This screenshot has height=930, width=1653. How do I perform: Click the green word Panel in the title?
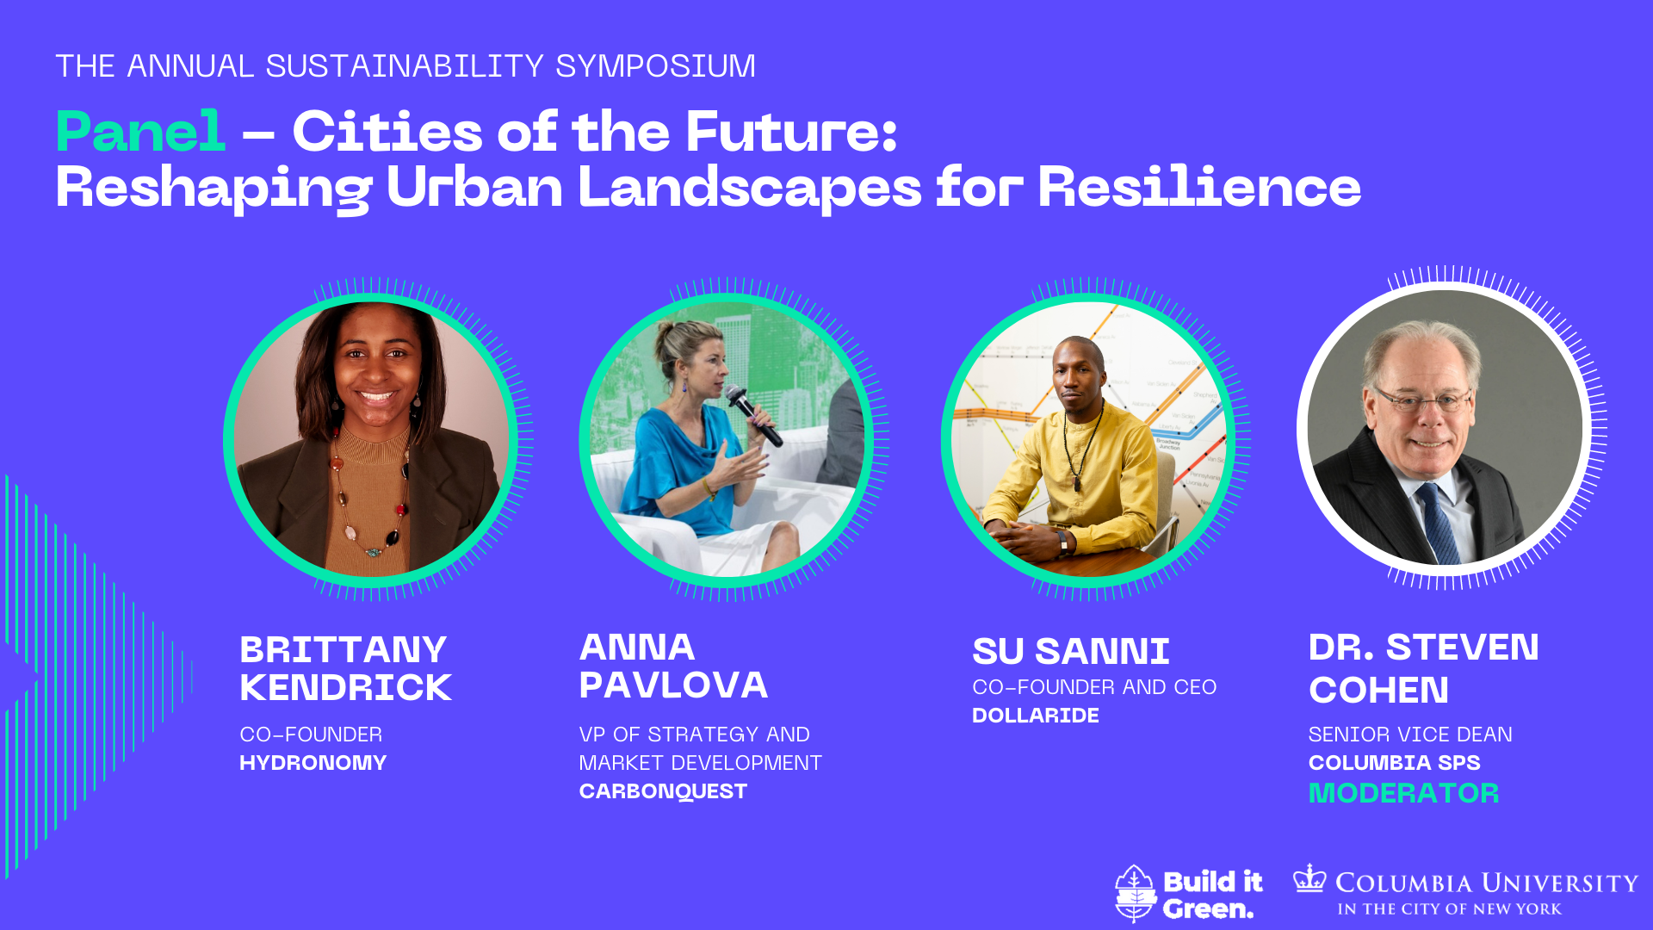point(141,132)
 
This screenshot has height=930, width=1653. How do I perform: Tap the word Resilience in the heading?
point(1199,187)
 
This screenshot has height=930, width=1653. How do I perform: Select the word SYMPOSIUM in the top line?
point(655,66)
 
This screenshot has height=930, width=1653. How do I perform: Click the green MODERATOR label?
point(1403,793)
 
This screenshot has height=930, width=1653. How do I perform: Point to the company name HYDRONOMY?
point(313,763)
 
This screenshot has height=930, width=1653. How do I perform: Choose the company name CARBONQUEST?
point(663,791)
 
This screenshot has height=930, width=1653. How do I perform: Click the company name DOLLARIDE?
point(1035,716)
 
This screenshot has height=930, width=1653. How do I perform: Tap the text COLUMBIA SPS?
point(1394,763)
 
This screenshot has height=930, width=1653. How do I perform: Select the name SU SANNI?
point(1070,652)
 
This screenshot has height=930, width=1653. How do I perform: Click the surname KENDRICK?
point(345,688)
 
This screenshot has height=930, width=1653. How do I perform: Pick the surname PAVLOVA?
point(673,685)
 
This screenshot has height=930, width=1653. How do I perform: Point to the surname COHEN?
point(1378,690)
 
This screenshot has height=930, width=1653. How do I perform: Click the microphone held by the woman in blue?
point(753,415)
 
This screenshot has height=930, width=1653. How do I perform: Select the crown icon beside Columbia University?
point(1309,877)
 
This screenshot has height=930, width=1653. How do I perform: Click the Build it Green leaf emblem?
point(1135,893)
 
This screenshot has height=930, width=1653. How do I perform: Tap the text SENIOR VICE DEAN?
point(1410,735)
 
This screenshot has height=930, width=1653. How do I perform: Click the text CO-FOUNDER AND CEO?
point(1094,687)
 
